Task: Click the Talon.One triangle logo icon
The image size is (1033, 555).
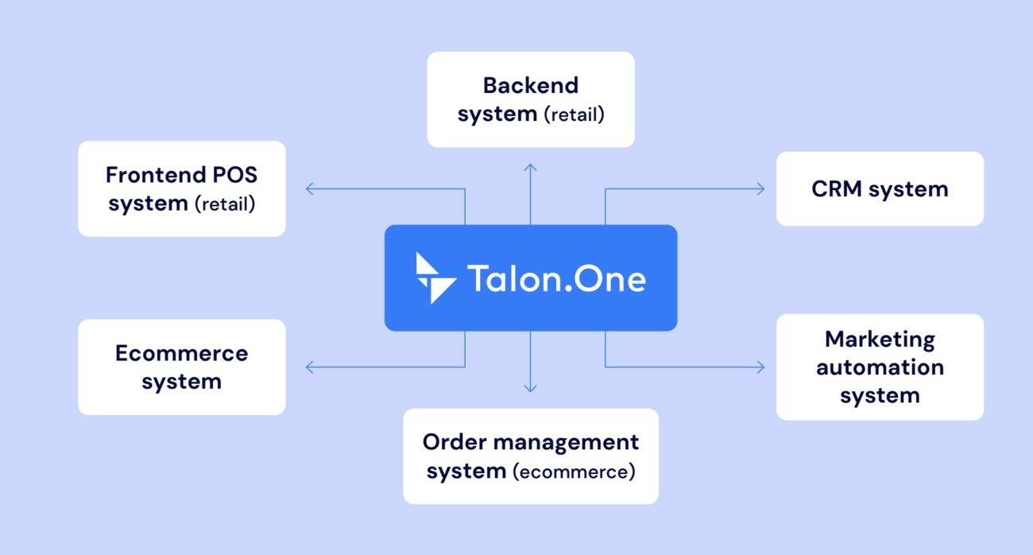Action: point(435,278)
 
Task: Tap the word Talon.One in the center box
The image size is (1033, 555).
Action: point(556,279)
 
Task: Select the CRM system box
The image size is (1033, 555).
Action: point(880,189)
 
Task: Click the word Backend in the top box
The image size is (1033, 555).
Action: point(531,85)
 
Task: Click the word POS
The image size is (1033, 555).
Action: point(234,175)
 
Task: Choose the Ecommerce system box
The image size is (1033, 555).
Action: point(181,367)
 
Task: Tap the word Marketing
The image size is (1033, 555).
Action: point(880,339)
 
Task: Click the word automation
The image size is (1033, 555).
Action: point(880,367)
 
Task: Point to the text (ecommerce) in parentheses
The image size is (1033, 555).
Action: point(574,472)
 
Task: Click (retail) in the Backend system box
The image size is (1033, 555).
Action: point(574,114)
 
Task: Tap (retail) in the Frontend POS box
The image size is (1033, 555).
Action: point(225,204)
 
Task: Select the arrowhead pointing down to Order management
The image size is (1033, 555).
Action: point(531,390)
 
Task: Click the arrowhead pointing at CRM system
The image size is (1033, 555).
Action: point(761,189)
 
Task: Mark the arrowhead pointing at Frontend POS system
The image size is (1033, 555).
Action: point(308,189)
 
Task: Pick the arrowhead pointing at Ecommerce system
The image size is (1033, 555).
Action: point(308,367)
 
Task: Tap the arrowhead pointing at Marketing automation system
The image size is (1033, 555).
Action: point(761,367)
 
